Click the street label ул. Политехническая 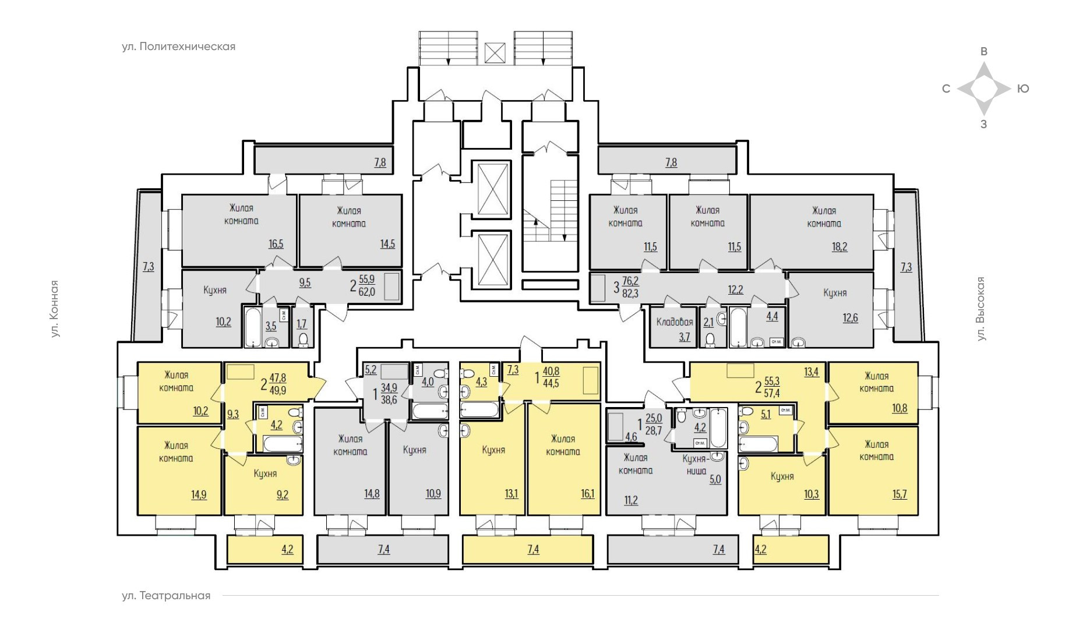point(178,47)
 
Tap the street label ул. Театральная point(166,596)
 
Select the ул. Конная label point(55,309)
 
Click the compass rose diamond point(984,89)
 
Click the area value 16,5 point(276,244)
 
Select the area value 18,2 point(839,246)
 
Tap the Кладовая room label point(675,322)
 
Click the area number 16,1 point(588,494)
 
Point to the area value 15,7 point(899,494)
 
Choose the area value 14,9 point(199,495)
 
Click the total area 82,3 point(630,294)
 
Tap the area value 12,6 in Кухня point(850,318)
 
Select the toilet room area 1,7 point(302,324)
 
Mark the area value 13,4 point(812,372)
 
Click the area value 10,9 point(433,494)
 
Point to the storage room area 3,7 point(685,337)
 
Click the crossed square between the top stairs point(495,53)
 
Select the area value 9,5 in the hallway point(305,284)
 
